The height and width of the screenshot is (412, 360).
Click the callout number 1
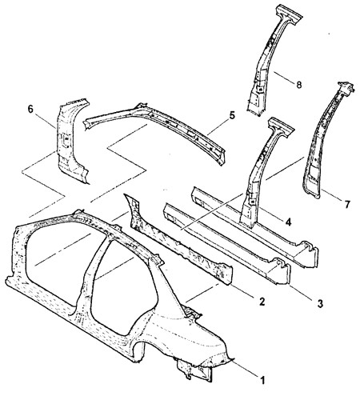tap(262, 380)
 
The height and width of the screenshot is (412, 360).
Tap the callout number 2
tap(262, 302)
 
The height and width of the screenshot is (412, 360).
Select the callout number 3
tap(320, 303)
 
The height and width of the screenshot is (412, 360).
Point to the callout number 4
tap(288, 222)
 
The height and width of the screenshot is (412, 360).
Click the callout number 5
tap(232, 115)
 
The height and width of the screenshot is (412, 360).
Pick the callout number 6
tap(30, 109)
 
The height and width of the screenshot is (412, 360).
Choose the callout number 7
tap(346, 204)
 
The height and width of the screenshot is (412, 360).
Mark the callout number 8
tap(299, 85)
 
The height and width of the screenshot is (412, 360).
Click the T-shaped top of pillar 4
tap(281, 127)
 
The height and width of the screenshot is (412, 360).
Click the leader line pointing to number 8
tap(284, 78)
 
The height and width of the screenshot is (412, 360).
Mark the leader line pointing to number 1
tap(245, 368)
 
